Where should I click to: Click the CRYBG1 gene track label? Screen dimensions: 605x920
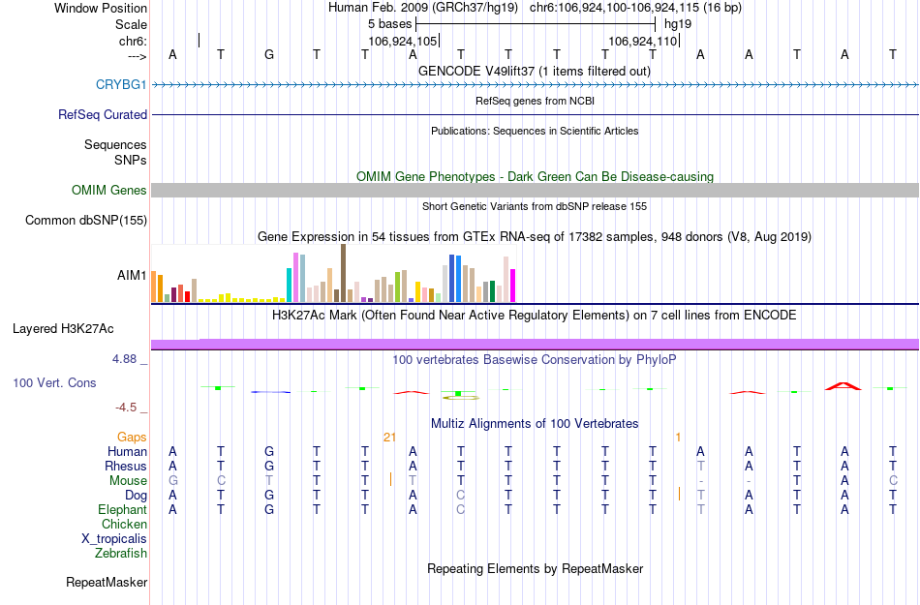coord(121,85)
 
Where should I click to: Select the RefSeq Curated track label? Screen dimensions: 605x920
coord(103,114)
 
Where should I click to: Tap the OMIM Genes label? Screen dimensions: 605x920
coord(109,191)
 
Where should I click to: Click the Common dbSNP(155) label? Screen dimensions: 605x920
coord(86,221)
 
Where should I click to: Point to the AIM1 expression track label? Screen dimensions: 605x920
coord(132,275)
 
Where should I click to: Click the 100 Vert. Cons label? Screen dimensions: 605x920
coord(54,383)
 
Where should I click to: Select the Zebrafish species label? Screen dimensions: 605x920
coord(121,554)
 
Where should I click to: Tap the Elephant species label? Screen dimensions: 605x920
coord(122,510)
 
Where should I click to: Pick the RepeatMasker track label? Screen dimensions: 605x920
coord(107,583)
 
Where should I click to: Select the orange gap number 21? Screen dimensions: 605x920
coord(390,438)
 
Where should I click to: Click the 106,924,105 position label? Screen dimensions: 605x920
coord(403,42)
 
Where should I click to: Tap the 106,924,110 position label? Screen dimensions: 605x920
coord(642,42)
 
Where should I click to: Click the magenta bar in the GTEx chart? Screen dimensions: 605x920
coord(512,286)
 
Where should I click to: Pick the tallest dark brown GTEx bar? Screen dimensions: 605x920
coord(343,273)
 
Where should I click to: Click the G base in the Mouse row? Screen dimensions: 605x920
coord(173,481)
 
